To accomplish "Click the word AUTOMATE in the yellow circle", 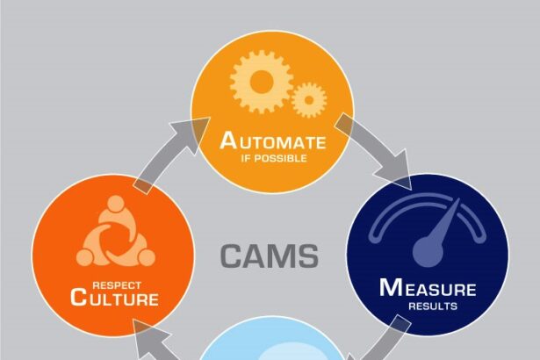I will point(272,141).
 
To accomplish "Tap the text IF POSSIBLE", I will point(272,159).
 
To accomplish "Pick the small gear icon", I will point(308,99).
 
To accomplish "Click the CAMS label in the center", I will point(270,256).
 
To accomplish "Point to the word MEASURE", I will point(428,287).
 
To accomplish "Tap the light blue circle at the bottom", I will point(272,342).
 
